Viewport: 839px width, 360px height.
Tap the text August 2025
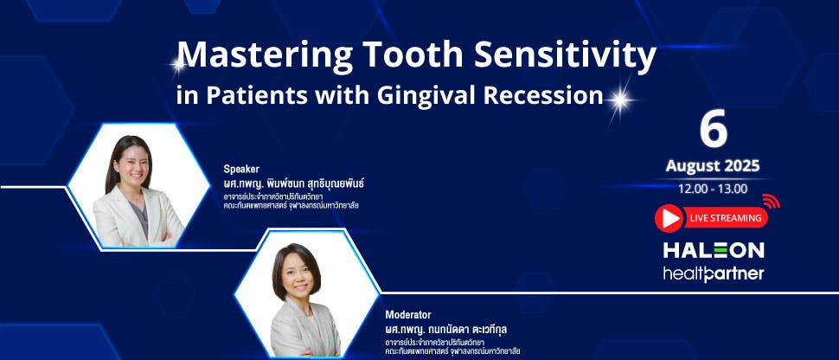713,165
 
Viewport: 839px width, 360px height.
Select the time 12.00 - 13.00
713,189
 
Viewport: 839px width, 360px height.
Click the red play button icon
669,218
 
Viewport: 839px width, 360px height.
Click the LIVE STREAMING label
725,218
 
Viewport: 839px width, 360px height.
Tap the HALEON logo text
713,250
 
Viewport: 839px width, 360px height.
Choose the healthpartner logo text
713,273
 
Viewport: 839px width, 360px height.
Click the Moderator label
408,315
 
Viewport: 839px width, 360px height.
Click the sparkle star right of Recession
618,98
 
